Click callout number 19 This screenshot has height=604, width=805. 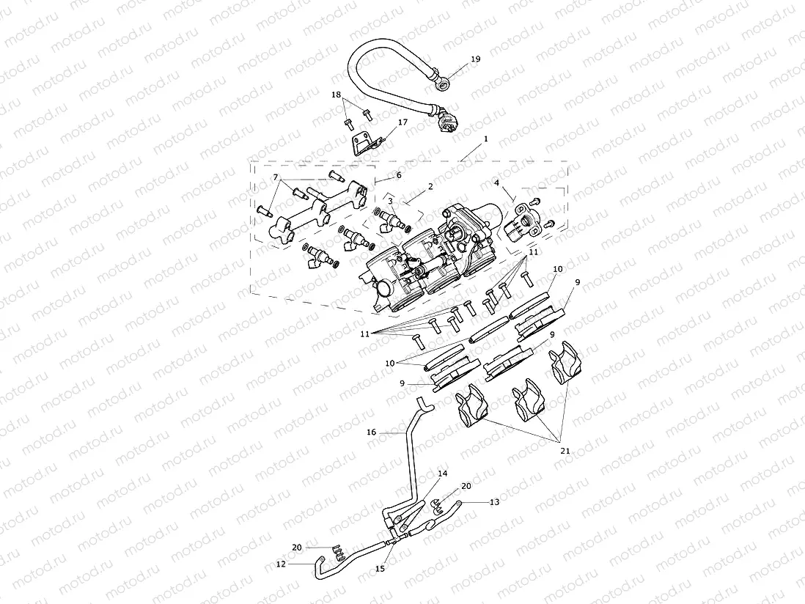[475, 59]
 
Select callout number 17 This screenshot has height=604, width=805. [402, 123]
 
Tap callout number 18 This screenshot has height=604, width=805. [336, 95]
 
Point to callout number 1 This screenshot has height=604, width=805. [485, 138]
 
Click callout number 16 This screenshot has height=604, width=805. [372, 432]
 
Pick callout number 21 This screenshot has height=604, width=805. [564, 450]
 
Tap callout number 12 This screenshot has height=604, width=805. [281, 564]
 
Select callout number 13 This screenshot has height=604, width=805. [494, 502]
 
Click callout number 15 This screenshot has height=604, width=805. [380, 568]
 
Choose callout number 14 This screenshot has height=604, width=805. [442, 474]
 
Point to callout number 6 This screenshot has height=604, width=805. [398, 175]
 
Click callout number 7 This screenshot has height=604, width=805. [276, 178]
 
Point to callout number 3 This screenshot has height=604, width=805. [391, 201]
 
